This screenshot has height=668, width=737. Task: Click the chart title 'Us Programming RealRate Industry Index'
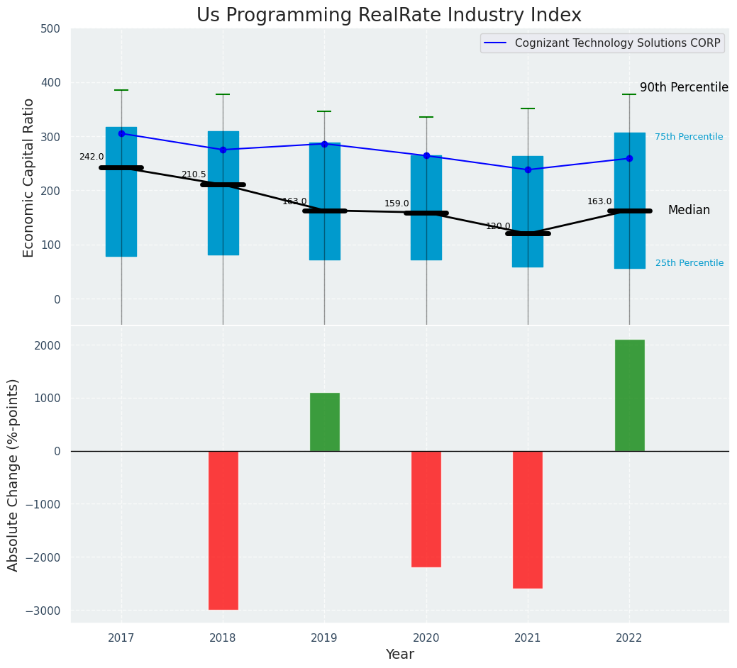click(389, 16)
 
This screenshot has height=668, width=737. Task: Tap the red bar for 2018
click(223, 530)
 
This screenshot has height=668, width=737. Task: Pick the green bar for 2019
click(324, 422)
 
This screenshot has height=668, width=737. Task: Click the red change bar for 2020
click(426, 508)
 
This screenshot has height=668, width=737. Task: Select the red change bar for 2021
click(528, 519)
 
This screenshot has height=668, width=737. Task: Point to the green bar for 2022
click(629, 395)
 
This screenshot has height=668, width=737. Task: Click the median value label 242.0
click(92, 157)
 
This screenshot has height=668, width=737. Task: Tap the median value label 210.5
click(194, 174)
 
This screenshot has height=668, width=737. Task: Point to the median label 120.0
click(498, 226)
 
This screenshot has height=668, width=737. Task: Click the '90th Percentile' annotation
click(684, 87)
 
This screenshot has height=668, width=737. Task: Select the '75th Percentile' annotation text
click(688, 137)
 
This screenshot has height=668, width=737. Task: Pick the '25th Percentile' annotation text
click(689, 263)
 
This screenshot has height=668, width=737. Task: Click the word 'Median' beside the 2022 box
click(688, 211)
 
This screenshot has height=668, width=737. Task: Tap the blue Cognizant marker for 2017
click(121, 133)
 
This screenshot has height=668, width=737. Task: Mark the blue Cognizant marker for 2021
click(528, 169)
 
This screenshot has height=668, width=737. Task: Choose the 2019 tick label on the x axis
click(324, 638)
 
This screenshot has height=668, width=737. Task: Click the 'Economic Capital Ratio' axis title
click(29, 177)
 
